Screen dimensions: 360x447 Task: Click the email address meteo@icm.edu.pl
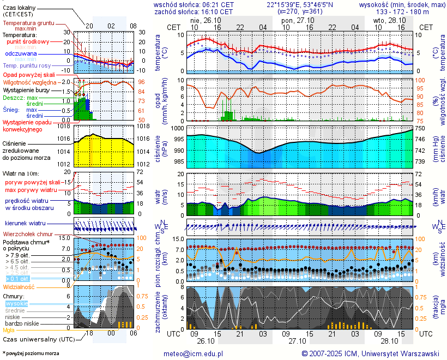(194, 353)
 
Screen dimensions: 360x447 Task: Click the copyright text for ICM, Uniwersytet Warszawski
(370, 353)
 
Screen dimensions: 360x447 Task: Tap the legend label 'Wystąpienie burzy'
(29, 89)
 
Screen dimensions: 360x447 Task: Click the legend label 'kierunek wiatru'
(25, 224)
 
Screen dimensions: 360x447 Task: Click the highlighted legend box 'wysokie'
(16, 303)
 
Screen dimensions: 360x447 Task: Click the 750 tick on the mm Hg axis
(420, 128)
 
